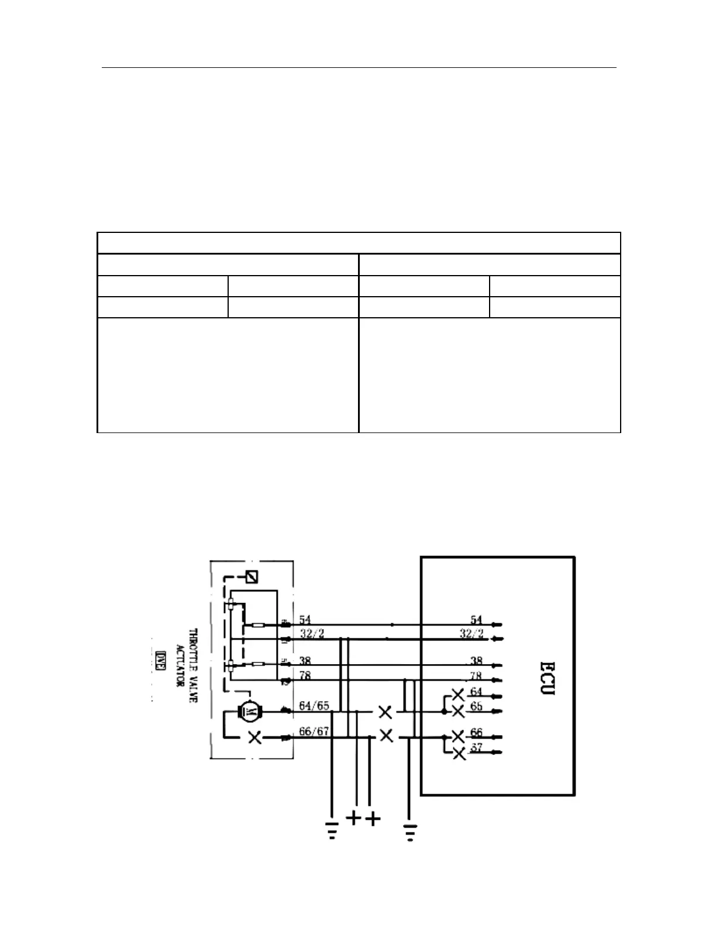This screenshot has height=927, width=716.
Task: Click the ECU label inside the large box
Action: (548, 678)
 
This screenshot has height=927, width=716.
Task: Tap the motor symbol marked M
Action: (250, 712)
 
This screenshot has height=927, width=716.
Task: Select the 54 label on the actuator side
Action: (305, 619)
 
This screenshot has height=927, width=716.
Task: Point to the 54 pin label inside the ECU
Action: (476, 619)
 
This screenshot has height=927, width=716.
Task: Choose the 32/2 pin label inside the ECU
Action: (471, 633)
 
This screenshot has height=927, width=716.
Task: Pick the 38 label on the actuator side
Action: (305, 661)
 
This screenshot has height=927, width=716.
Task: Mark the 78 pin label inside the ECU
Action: (476, 675)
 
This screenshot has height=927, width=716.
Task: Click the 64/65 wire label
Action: (314, 706)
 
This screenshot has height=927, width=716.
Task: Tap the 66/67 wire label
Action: (314, 732)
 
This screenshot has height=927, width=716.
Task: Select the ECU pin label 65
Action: (476, 706)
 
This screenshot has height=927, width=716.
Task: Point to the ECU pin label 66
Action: (476, 733)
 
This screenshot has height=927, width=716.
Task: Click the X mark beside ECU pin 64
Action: (458, 695)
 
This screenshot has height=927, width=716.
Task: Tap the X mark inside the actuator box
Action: (255, 737)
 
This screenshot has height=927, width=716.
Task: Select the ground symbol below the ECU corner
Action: (409, 832)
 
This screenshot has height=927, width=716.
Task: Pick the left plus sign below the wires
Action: (354, 818)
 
